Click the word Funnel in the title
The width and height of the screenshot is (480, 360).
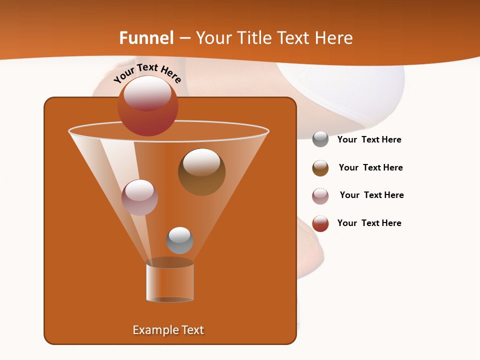click(x=146, y=38)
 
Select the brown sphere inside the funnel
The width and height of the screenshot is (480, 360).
click(x=201, y=172)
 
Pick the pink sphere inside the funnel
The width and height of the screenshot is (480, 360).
click(x=140, y=197)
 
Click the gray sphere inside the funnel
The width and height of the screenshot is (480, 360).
click(x=179, y=240)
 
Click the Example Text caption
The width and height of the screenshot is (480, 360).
click(x=168, y=330)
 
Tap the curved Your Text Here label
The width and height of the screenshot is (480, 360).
click(x=147, y=73)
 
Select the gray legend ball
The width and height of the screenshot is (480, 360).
click(x=320, y=139)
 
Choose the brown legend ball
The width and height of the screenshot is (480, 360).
click(x=320, y=168)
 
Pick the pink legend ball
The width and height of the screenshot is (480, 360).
click(x=320, y=196)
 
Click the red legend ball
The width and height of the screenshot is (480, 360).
click(x=320, y=223)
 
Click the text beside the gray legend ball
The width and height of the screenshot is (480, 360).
click(x=369, y=140)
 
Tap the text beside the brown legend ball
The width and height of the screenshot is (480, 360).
click(x=370, y=168)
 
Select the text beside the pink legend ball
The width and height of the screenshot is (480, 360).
click(x=371, y=195)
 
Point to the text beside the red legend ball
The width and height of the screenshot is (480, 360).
click(x=369, y=223)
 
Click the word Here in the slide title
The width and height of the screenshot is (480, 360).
click(x=335, y=38)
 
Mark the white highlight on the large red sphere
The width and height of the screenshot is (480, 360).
click(x=147, y=93)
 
